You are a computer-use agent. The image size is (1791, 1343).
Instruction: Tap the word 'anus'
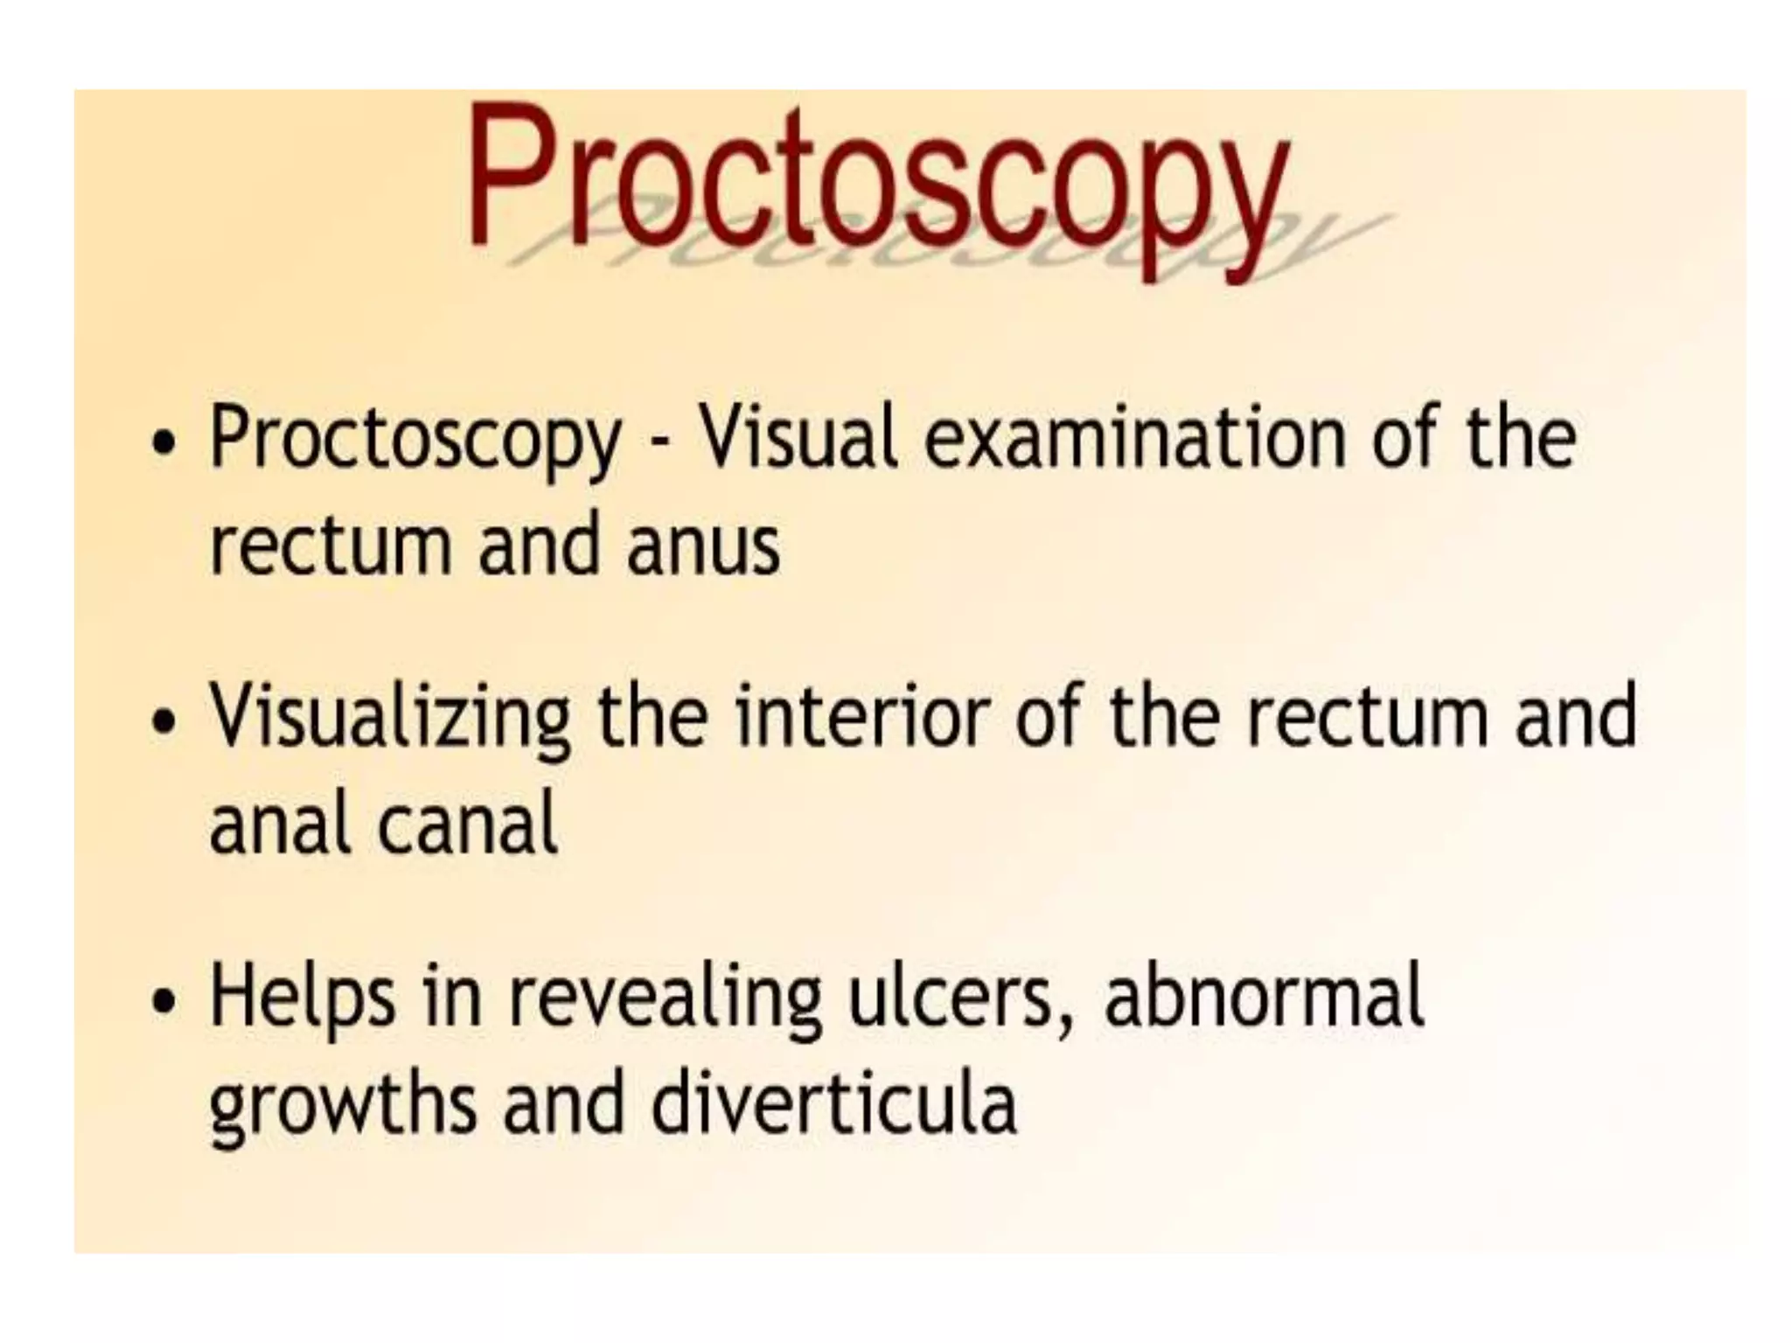pos(703,546)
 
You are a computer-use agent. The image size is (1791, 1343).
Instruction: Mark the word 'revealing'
pos(666,1001)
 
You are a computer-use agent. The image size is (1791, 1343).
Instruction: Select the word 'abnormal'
pos(1265,997)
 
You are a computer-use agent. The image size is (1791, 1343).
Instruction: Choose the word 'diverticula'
pos(834,1102)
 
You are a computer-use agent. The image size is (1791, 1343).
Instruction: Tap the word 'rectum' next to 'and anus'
pos(331,546)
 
